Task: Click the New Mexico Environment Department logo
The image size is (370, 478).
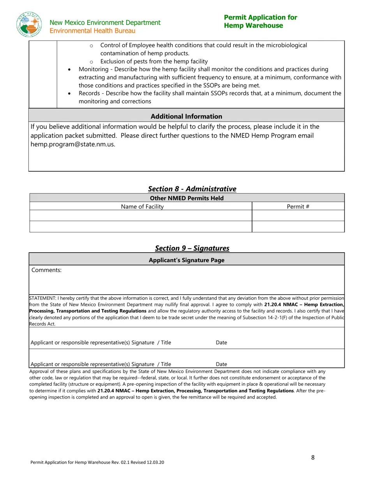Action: (x=29, y=25)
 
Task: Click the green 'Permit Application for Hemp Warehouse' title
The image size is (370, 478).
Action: (x=260, y=21)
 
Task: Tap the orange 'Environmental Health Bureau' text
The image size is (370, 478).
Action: (x=92, y=31)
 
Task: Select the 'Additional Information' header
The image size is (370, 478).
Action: (x=186, y=116)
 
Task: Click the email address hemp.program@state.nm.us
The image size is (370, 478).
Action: (x=73, y=144)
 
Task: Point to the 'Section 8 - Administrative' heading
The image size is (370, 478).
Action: (x=192, y=189)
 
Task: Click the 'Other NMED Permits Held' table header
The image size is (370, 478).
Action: (x=187, y=198)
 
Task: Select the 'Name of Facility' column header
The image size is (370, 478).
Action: (x=142, y=207)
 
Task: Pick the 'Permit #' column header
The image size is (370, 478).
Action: (x=298, y=207)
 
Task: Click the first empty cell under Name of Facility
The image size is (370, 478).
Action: (x=141, y=216)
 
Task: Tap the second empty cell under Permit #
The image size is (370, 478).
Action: (x=298, y=227)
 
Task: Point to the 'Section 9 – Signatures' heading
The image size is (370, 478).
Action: (x=192, y=248)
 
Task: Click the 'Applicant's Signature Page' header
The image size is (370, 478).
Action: (x=186, y=260)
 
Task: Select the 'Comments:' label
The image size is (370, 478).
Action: (x=46, y=270)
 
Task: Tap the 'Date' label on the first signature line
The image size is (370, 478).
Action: (x=221, y=343)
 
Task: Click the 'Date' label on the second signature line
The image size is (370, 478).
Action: (x=221, y=364)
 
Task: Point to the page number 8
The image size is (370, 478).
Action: (x=313, y=457)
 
